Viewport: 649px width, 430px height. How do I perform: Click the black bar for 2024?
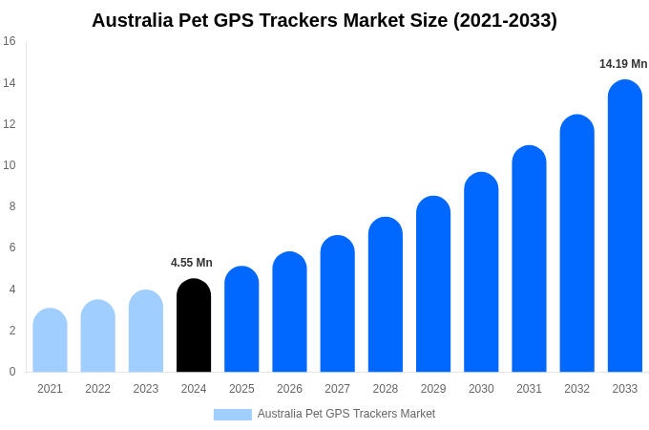point(194,326)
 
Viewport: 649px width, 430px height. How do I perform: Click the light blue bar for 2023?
point(146,332)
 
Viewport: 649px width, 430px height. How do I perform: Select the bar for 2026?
point(289,312)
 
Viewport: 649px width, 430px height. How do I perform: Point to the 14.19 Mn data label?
point(623,64)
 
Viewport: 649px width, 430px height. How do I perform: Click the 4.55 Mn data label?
point(192,263)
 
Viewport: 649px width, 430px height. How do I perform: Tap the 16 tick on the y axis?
point(10,41)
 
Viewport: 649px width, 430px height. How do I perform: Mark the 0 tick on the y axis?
point(12,372)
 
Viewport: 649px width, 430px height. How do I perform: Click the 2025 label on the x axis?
point(241,389)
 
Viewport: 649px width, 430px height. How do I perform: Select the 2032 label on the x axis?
point(576,389)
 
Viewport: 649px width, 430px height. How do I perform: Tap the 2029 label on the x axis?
point(433,389)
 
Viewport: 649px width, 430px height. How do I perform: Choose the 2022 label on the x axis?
point(97,389)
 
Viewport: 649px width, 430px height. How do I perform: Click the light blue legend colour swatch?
point(232,415)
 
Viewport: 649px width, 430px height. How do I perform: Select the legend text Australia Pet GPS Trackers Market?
point(346,414)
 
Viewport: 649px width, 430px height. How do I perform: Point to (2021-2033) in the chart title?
point(505,20)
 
